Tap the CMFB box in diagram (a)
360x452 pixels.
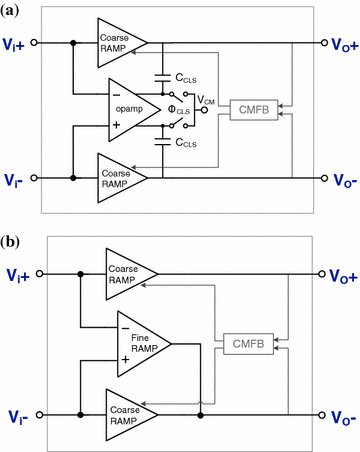(x=249, y=109)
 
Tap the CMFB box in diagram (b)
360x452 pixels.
(x=245, y=344)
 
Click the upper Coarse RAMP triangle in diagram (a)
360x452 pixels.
(x=118, y=42)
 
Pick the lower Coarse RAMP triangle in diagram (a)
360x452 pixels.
(x=118, y=177)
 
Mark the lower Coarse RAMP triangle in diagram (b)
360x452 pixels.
(x=127, y=412)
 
